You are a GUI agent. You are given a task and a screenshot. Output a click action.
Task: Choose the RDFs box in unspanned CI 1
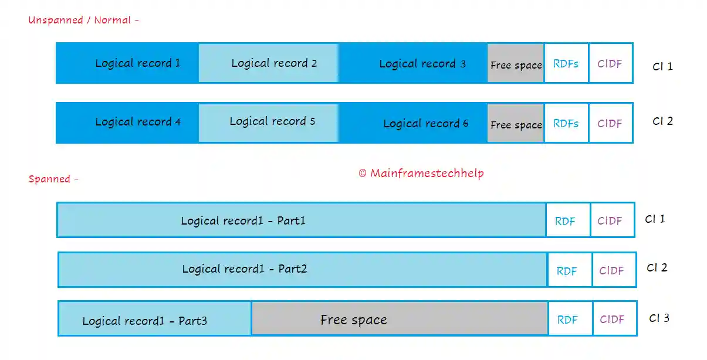tap(566, 63)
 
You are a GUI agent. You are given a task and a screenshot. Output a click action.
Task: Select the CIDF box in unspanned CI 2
tap(610, 123)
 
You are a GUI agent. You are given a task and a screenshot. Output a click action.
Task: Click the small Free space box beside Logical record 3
tap(516, 64)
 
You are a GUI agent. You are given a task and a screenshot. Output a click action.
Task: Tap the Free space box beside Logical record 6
tap(516, 124)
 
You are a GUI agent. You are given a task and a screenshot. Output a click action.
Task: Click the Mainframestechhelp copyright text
tap(421, 174)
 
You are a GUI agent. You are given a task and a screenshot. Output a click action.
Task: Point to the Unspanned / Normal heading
tap(83, 21)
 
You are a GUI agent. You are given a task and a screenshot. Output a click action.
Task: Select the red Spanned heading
tap(53, 179)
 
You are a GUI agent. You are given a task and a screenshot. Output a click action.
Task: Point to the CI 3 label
tap(659, 318)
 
